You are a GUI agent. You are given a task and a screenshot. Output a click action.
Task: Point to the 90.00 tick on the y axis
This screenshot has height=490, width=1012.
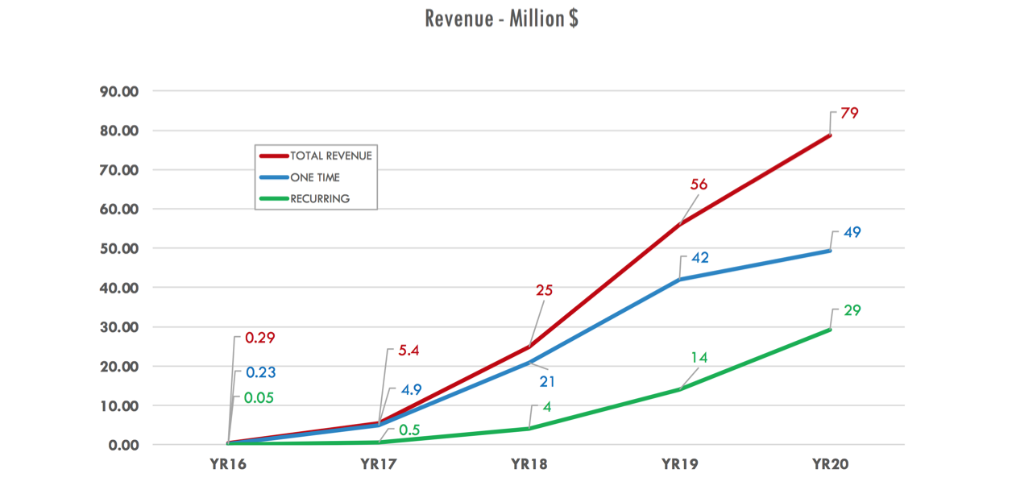[x=118, y=91]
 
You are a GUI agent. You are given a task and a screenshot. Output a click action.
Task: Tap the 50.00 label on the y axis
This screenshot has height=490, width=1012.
[x=118, y=248]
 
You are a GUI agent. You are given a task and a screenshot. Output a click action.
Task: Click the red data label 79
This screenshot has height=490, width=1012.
[x=848, y=114]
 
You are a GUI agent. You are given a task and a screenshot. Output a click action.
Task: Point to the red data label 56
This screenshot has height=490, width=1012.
[x=699, y=185]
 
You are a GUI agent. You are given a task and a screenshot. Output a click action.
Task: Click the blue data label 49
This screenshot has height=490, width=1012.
[x=852, y=233]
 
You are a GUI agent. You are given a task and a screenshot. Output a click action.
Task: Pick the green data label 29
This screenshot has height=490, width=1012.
[x=852, y=310]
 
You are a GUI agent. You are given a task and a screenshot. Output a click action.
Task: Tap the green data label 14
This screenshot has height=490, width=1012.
[x=699, y=358]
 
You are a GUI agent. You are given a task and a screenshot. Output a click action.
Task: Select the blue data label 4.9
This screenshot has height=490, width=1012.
[x=412, y=390]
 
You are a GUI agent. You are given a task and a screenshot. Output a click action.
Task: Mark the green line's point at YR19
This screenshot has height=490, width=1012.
[x=680, y=389]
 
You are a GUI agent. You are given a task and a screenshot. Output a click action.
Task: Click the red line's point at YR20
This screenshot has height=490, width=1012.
[x=830, y=135]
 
